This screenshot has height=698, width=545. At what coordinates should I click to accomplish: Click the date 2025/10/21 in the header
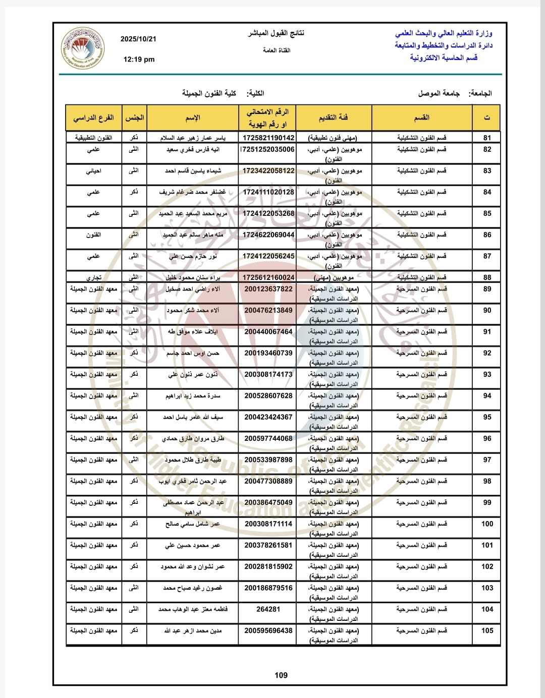(138, 39)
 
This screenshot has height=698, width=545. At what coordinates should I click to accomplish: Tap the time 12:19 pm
(139, 59)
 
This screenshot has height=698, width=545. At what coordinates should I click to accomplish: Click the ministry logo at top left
(83, 48)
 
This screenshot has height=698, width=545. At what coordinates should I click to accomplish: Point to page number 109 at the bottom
(281, 675)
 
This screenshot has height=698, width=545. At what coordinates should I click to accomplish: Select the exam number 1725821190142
(268, 138)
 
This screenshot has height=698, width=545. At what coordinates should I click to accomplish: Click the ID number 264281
(268, 609)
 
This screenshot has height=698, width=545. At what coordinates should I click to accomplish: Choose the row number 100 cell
(487, 524)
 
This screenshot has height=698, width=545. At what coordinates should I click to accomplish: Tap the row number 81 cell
(487, 138)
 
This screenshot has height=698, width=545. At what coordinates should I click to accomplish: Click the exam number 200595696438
(268, 630)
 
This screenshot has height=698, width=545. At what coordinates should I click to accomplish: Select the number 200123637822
(268, 289)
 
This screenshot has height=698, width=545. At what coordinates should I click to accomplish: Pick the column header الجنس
(134, 118)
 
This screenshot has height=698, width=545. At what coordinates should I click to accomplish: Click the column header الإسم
(193, 118)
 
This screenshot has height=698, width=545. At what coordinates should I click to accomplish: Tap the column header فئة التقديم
(333, 118)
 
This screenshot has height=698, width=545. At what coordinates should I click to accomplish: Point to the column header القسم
(421, 118)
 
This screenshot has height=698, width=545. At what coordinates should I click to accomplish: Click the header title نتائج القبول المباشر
(276, 33)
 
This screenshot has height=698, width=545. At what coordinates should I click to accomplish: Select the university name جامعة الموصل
(439, 93)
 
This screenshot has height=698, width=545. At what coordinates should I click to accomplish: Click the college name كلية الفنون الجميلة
(209, 93)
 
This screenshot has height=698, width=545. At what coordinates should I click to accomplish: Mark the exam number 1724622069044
(268, 235)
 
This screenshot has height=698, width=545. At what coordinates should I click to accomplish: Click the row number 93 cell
(487, 374)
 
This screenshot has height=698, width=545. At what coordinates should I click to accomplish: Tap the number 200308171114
(268, 524)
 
